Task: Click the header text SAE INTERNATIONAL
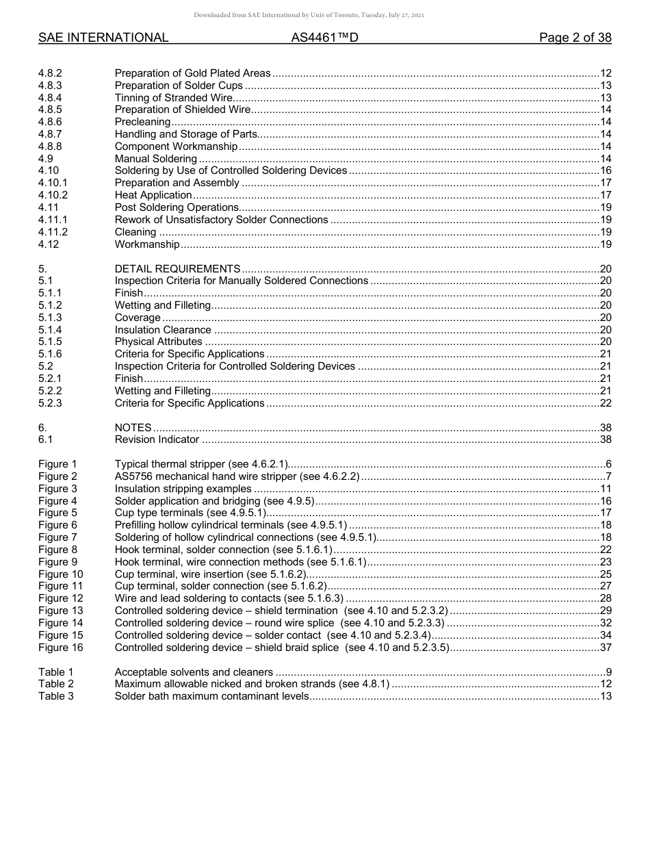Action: (103, 38)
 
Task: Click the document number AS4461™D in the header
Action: (324, 38)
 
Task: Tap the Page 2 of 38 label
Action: (575, 38)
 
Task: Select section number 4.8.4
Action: (50, 98)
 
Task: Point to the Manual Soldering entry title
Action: (155, 159)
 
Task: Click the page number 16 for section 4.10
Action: (605, 170)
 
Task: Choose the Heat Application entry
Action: (153, 195)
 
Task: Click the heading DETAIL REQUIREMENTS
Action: (177, 269)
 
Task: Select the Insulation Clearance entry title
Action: (163, 330)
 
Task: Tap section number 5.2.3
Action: (50, 403)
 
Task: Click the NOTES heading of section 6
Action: (133, 427)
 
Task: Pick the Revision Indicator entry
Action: (157, 439)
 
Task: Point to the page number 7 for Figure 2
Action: (608, 476)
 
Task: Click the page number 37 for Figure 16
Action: (605, 648)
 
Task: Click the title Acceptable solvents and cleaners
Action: (194, 672)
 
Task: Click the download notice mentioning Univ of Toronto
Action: (309, 15)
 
